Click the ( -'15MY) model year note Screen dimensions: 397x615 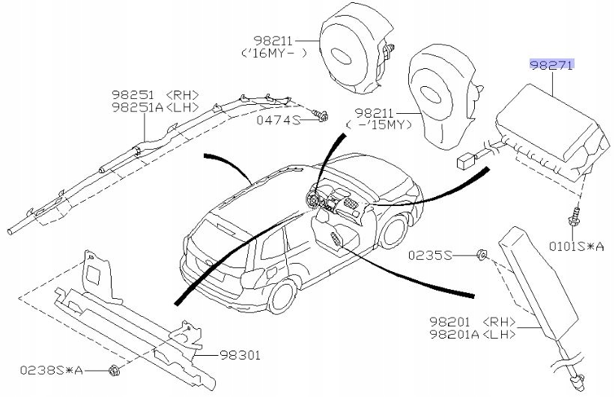click(x=379, y=124)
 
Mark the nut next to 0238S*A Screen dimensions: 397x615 click(x=113, y=369)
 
